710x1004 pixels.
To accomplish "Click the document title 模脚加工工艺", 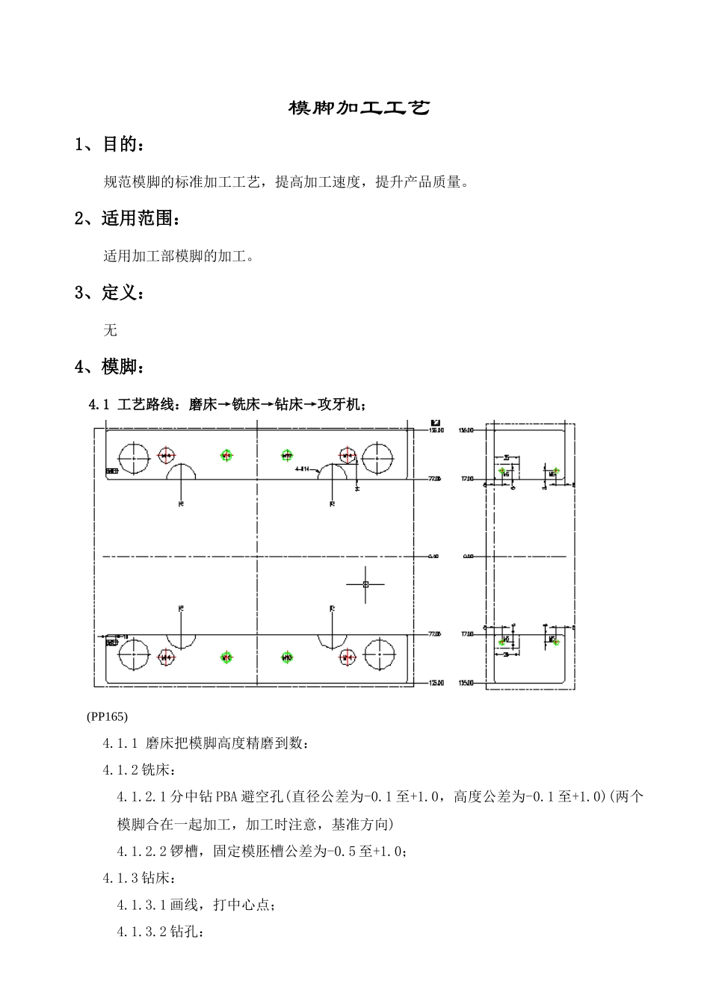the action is (x=359, y=108).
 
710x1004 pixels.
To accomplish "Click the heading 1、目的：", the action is (x=109, y=145).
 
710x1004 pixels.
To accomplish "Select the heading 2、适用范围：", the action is (x=128, y=219).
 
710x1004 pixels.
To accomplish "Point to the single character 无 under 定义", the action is (x=111, y=329).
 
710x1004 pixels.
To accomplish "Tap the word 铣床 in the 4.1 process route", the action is (x=246, y=404).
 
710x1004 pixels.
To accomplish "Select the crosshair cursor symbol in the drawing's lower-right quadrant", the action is (x=365, y=584).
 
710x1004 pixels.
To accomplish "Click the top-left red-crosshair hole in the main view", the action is (x=166, y=456).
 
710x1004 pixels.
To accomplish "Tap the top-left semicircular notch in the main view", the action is (x=182, y=471).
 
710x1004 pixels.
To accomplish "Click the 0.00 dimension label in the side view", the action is (x=469, y=557).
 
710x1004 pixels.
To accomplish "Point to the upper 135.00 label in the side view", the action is (x=466, y=430).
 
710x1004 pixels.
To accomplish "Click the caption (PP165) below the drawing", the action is (x=108, y=716).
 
